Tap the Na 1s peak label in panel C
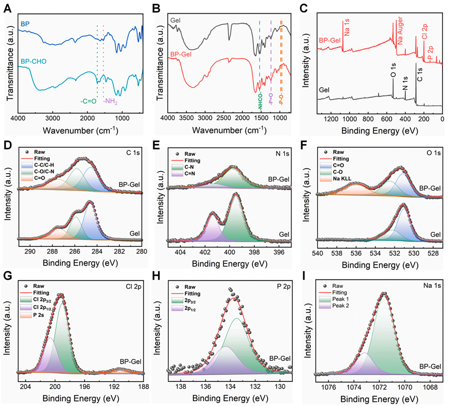click(x=347, y=27)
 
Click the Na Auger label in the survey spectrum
click(x=401, y=32)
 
